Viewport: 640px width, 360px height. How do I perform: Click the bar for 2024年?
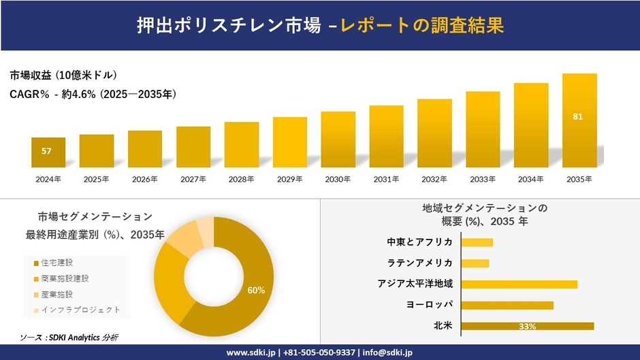pos(48,152)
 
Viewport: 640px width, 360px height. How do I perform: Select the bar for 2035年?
pos(579,120)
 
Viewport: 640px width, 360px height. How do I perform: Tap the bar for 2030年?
pos(338,140)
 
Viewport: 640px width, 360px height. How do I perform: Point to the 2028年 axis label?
pos(241,180)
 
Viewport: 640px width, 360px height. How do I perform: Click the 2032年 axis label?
pos(434,180)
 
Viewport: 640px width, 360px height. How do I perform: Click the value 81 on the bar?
pos(578,117)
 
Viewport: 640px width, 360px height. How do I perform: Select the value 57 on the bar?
pos(46,151)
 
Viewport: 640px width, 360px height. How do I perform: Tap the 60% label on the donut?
pos(256,291)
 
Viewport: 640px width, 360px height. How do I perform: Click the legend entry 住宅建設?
pos(57,262)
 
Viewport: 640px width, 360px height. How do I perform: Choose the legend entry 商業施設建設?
pos(65,278)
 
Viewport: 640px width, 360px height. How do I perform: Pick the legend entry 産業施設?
pos(57,294)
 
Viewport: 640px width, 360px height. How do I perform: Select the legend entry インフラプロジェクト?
pos(80,310)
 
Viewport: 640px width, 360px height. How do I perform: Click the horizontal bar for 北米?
pos(528,326)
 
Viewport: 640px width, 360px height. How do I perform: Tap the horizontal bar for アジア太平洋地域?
pos(519,284)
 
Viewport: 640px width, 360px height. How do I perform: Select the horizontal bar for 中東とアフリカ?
pos(477,242)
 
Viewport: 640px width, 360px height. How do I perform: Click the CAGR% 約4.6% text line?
pos(93,95)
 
